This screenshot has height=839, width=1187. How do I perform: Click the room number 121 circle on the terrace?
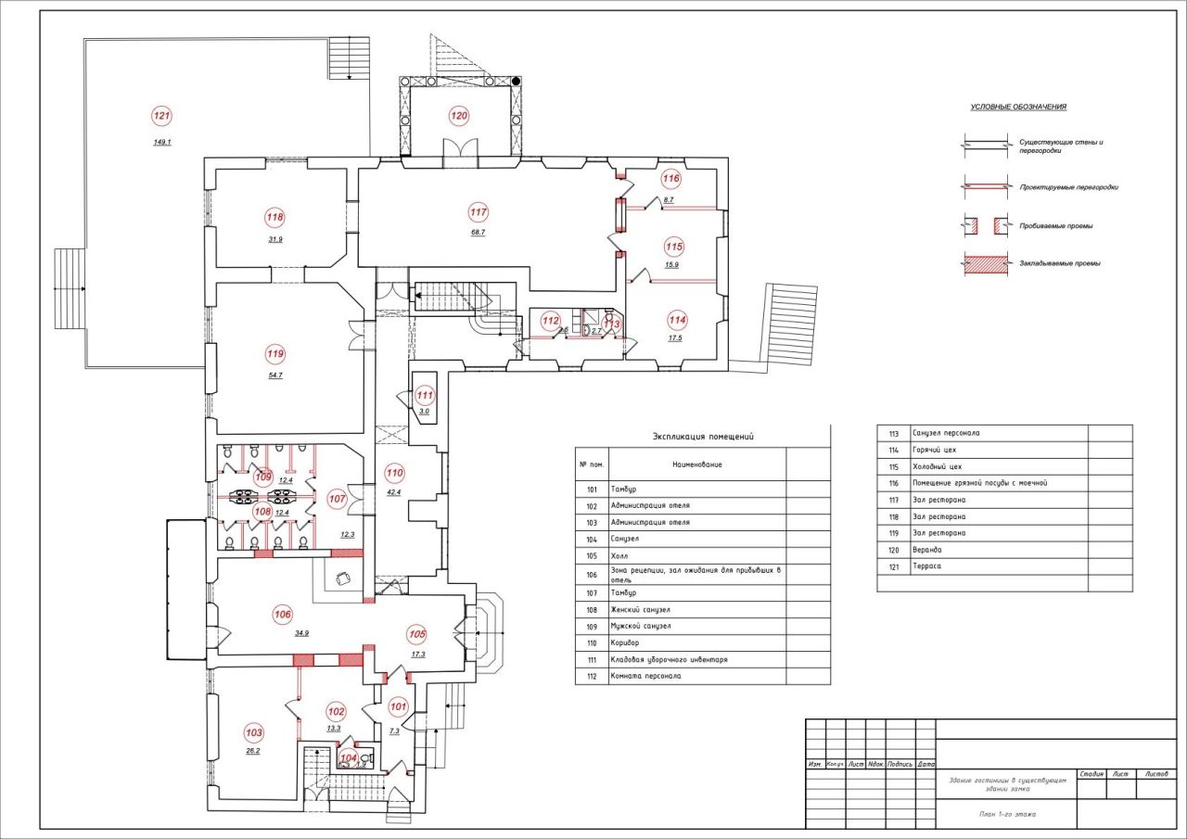pyautogui.click(x=162, y=116)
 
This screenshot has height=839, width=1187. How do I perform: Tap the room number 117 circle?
pyautogui.click(x=479, y=211)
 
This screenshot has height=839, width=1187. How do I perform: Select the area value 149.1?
pyautogui.click(x=162, y=143)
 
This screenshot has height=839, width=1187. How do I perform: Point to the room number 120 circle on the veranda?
pyautogui.click(x=459, y=116)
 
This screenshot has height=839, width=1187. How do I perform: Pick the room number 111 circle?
pyautogui.click(x=425, y=394)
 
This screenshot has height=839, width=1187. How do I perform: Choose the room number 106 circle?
pyautogui.click(x=283, y=613)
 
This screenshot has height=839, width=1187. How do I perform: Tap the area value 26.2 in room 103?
pyautogui.click(x=252, y=751)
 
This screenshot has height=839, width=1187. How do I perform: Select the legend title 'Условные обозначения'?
pyautogui.click(x=1018, y=107)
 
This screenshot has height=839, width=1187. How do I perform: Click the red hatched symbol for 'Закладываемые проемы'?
pyautogui.click(x=986, y=263)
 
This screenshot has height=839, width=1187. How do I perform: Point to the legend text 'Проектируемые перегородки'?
pyautogui.click(x=1068, y=187)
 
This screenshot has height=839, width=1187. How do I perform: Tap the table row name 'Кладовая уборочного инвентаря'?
pyautogui.click(x=669, y=659)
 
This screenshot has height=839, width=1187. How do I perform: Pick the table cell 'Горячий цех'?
pyautogui.click(x=935, y=450)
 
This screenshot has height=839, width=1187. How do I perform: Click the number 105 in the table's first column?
pyautogui.click(x=591, y=554)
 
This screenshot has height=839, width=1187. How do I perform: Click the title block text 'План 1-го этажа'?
pyautogui.click(x=1006, y=814)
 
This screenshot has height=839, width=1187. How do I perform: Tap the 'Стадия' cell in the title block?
pyautogui.click(x=1091, y=772)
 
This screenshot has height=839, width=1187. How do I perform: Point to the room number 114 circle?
pyautogui.click(x=677, y=320)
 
